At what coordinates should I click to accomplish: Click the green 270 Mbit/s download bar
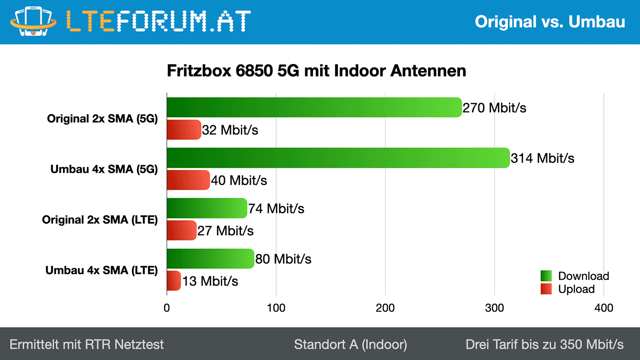(x=314, y=107)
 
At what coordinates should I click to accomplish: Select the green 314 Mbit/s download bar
(x=338, y=158)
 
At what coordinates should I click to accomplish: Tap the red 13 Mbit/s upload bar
(x=174, y=281)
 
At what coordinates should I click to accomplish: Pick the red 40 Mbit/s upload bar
(x=188, y=180)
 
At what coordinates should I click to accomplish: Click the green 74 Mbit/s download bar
(x=207, y=208)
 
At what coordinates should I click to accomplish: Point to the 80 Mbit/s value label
(x=283, y=259)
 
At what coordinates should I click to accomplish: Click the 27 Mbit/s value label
(x=225, y=231)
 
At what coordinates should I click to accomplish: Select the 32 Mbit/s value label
(x=230, y=130)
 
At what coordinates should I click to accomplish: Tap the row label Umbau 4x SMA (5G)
(x=104, y=169)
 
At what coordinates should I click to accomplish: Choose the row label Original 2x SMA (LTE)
(x=100, y=220)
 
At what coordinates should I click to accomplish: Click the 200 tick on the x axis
(x=385, y=308)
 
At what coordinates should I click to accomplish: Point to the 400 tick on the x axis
(x=603, y=308)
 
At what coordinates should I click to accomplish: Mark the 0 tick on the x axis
(x=167, y=308)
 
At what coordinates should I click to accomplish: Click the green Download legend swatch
(x=546, y=276)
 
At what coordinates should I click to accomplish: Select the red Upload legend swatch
(x=546, y=289)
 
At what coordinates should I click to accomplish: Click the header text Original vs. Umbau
(x=550, y=21)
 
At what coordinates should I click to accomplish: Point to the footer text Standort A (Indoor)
(x=350, y=344)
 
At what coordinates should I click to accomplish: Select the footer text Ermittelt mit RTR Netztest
(x=87, y=344)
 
